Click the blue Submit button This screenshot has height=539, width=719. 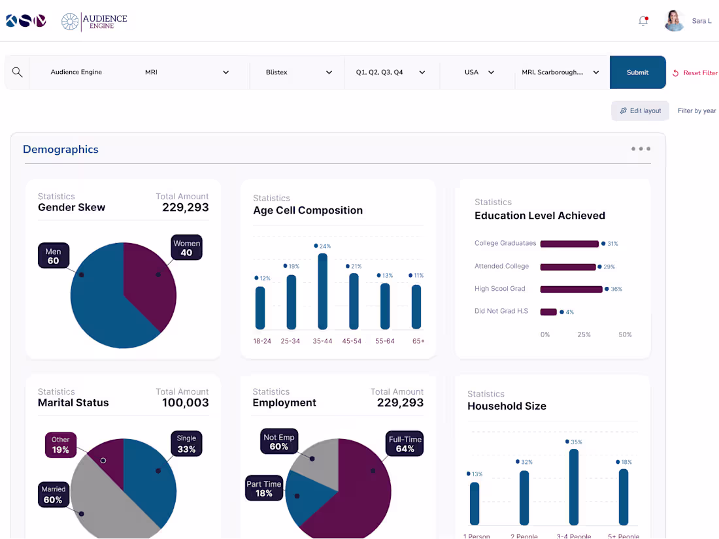tap(637, 73)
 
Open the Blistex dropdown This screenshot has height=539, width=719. tap(299, 73)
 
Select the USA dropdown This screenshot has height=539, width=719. tap(478, 73)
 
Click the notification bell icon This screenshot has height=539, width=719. tap(643, 21)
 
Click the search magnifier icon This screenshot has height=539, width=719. tap(18, 73)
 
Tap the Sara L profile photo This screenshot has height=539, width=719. tap(674, 21)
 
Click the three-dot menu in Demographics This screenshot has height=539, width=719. tap(641, 149)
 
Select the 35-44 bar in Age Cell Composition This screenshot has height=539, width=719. tap(322, 291)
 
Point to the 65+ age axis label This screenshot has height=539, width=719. tap(418, 341)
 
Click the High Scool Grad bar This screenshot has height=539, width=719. tap(571, 289)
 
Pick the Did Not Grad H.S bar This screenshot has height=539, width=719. tap(548, 312)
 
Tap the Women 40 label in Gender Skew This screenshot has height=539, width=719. tap(186, 248)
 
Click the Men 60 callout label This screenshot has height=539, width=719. tap(53, 256)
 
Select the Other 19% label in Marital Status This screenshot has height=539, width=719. tap(61, 445)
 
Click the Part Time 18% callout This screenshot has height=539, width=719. tap(264, 489)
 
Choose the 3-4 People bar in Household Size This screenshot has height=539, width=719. tap(574, 487)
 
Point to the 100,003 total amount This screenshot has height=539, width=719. tap(186, 403)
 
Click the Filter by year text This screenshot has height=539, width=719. tap(697, 111)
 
